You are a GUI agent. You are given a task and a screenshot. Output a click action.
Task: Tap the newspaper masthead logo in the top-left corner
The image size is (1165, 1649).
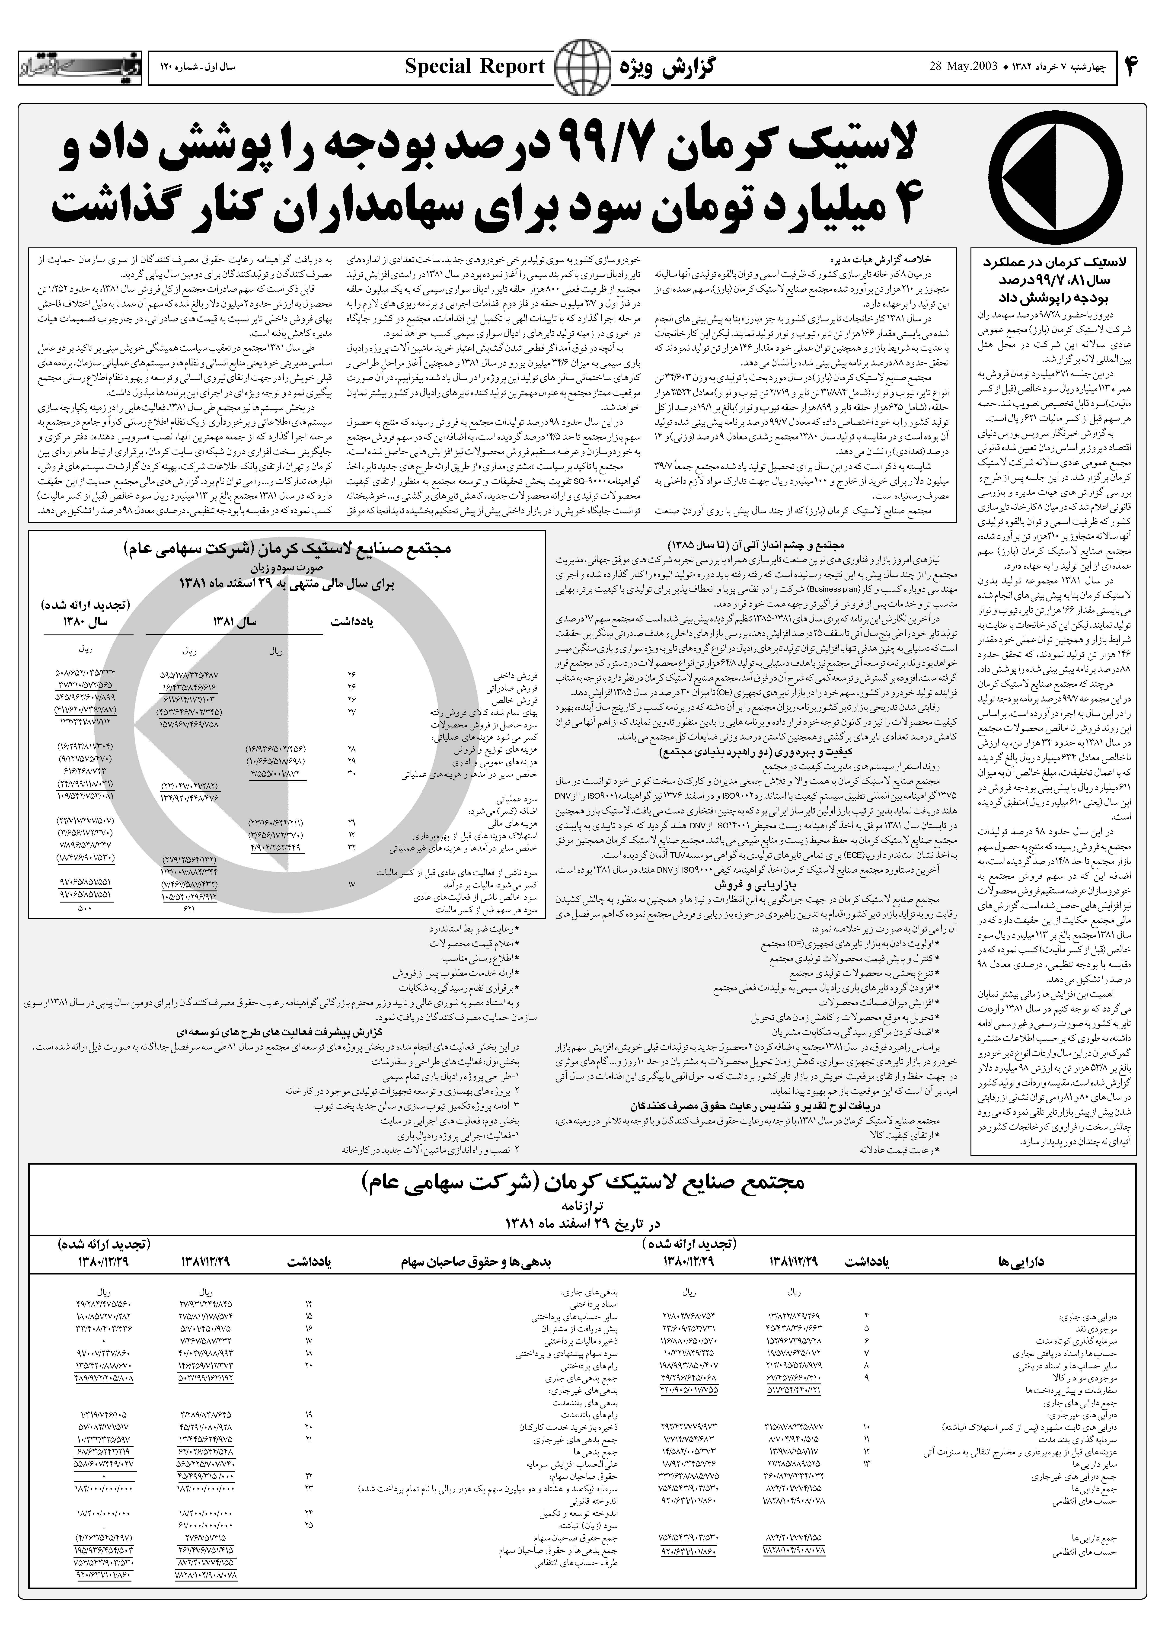[x=79, y=67]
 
